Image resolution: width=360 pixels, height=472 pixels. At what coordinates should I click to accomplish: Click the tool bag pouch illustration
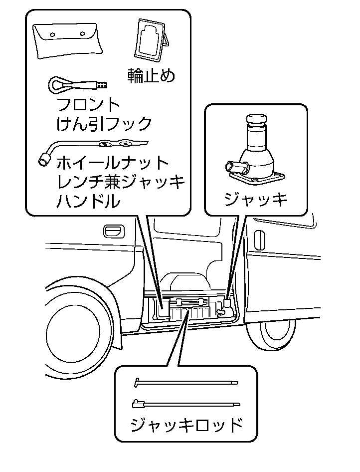[x=68, y=41]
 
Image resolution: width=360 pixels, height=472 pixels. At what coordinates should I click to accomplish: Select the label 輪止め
[x=152, y=76]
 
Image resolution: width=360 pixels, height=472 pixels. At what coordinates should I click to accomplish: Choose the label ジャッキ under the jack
[x=256, y=200]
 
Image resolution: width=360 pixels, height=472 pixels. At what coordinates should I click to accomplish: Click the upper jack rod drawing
[x=186, y=383]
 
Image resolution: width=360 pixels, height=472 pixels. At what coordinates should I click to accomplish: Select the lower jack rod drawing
[x=186, y=404]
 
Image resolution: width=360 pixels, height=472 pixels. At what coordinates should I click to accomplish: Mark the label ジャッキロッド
[x=186, y=426]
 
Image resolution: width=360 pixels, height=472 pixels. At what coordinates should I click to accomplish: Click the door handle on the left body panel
[x=113, y=231]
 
